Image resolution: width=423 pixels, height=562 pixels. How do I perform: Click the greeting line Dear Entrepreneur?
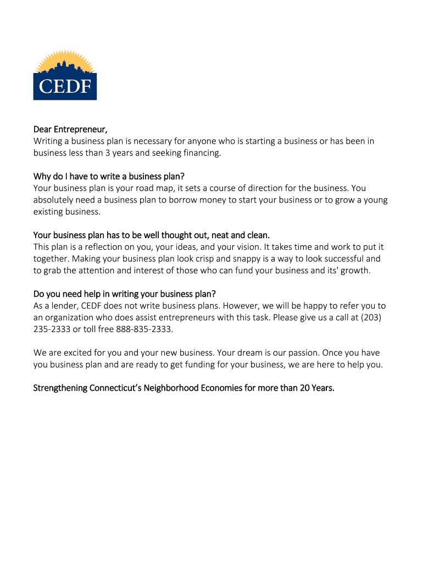70,130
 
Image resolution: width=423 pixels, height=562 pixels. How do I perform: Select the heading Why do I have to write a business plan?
109,176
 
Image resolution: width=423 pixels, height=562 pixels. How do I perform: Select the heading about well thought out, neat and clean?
152,235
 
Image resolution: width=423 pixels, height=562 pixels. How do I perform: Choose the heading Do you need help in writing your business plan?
129,294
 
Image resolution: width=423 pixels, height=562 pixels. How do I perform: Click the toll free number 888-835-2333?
144,329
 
